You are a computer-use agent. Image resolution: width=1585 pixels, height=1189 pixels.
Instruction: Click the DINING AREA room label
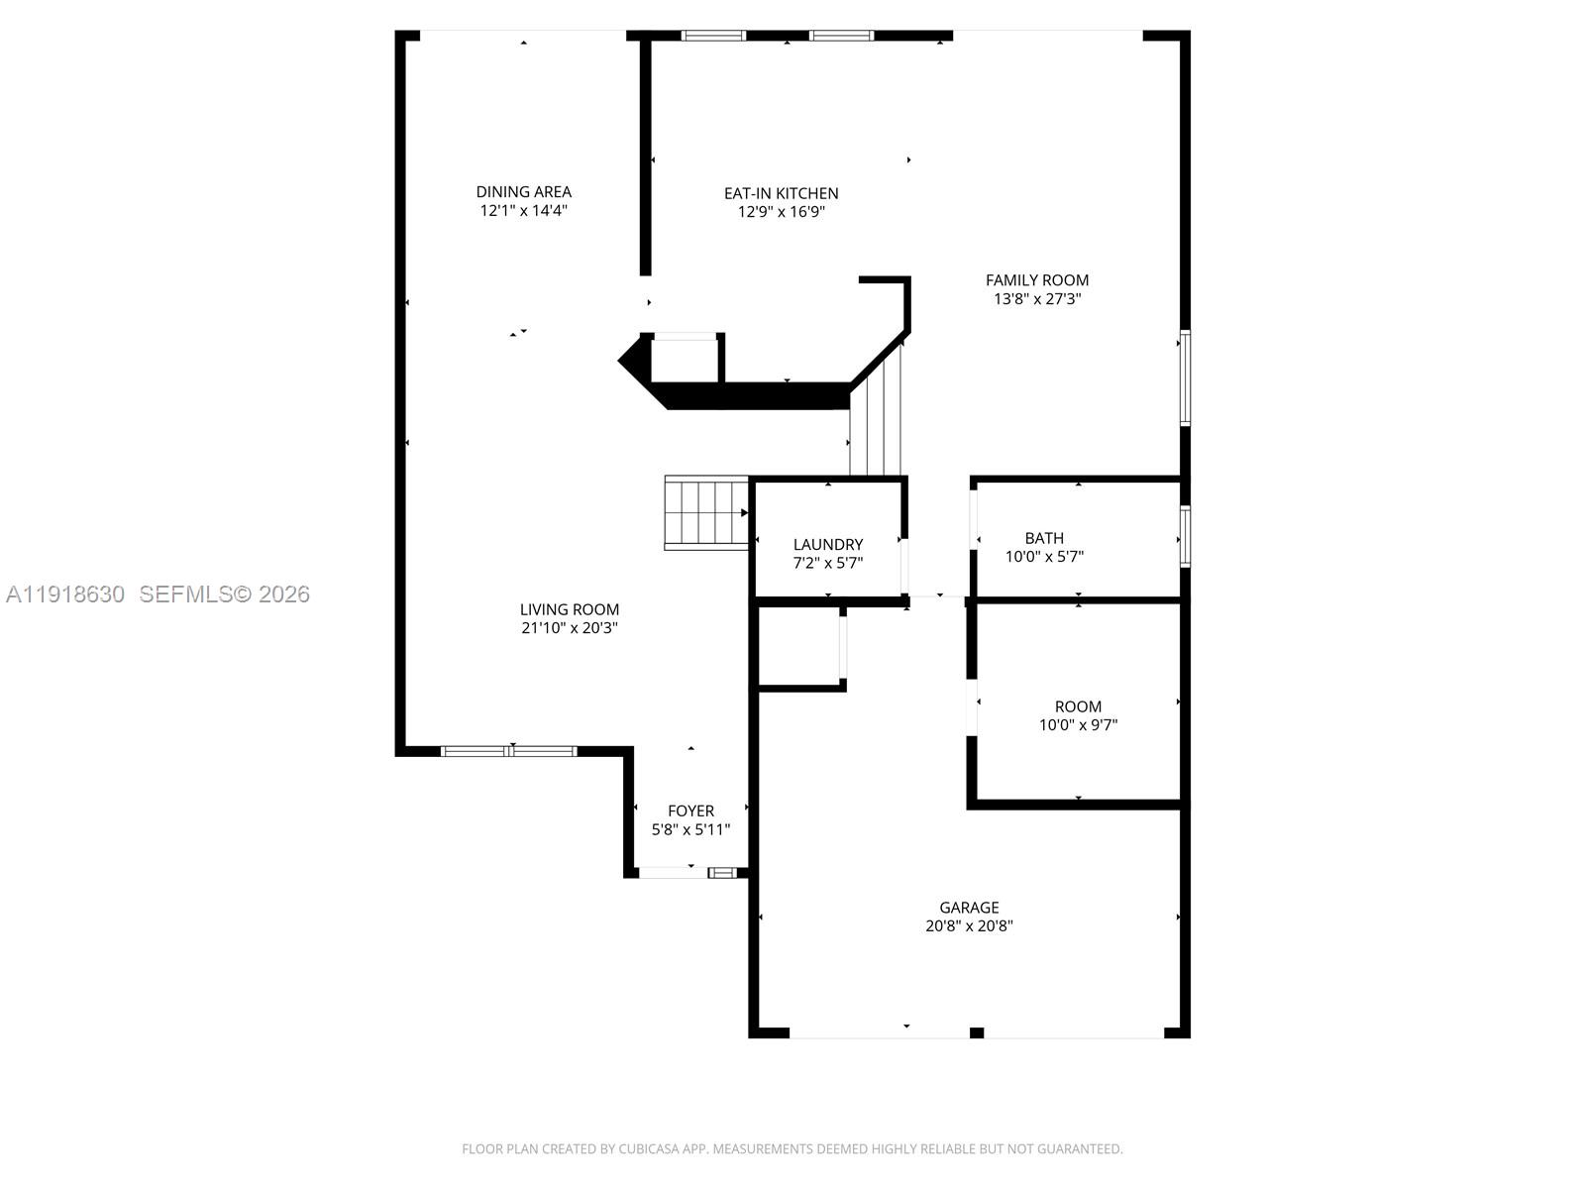[x=523, y=192]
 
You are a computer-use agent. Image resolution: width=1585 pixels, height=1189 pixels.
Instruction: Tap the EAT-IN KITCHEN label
[x=781, y=193]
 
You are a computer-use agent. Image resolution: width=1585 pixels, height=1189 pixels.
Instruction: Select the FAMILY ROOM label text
[x=1036, y=280]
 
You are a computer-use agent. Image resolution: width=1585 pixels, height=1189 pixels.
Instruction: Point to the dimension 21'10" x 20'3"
[x=570, y=628]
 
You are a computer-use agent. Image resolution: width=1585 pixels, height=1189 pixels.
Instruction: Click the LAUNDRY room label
[x=827, y=544]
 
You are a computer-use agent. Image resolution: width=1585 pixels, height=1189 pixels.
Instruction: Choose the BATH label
[x=1044, y=538]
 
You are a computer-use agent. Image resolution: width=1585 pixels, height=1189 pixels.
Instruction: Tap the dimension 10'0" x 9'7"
[x=1078, y=725]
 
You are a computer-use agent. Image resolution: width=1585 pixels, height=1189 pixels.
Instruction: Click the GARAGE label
[x=969, y=908]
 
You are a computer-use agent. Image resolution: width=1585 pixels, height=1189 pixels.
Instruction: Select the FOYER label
[x=690, y=811]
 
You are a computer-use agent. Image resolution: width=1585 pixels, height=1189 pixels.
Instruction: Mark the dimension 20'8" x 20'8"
[x=969, y=926]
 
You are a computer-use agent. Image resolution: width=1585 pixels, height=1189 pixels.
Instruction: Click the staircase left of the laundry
[x=705, y=512]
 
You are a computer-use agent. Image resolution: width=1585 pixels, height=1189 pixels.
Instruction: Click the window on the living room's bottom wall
[x=508, y=751]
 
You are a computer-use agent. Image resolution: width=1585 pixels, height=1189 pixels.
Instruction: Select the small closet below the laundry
[x=799, y=645]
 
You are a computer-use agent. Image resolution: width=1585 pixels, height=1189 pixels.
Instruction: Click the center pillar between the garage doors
[x=976, y=1033]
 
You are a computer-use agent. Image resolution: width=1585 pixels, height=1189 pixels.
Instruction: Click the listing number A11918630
[x=65, y=594]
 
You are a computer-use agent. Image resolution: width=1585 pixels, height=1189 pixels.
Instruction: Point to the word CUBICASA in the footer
[x=649, y=1149]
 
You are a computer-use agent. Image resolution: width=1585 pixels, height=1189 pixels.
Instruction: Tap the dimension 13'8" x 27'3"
[x=1036, y=299]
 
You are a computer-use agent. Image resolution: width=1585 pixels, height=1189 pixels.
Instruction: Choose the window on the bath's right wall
[x=1184, y=537]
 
